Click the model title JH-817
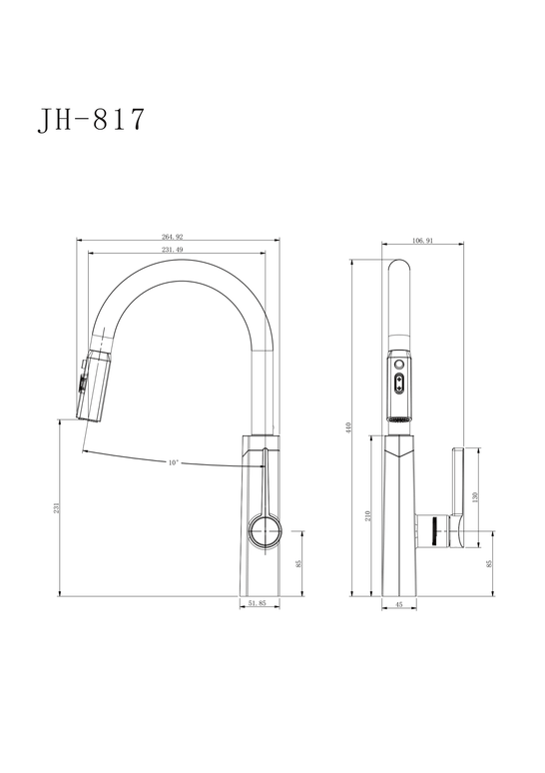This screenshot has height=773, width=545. tap(91, 119)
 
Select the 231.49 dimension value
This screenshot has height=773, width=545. tap(173, 250)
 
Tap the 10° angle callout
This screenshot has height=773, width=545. tap(173, 462)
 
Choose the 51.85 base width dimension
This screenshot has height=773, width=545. tap(258, 603)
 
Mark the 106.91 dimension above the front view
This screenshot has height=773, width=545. tap(422, 241)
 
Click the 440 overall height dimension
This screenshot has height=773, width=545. tap(349, 427)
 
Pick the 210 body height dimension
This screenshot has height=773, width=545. tap(367, 516)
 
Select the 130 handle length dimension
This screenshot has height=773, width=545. tap(475, 496)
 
